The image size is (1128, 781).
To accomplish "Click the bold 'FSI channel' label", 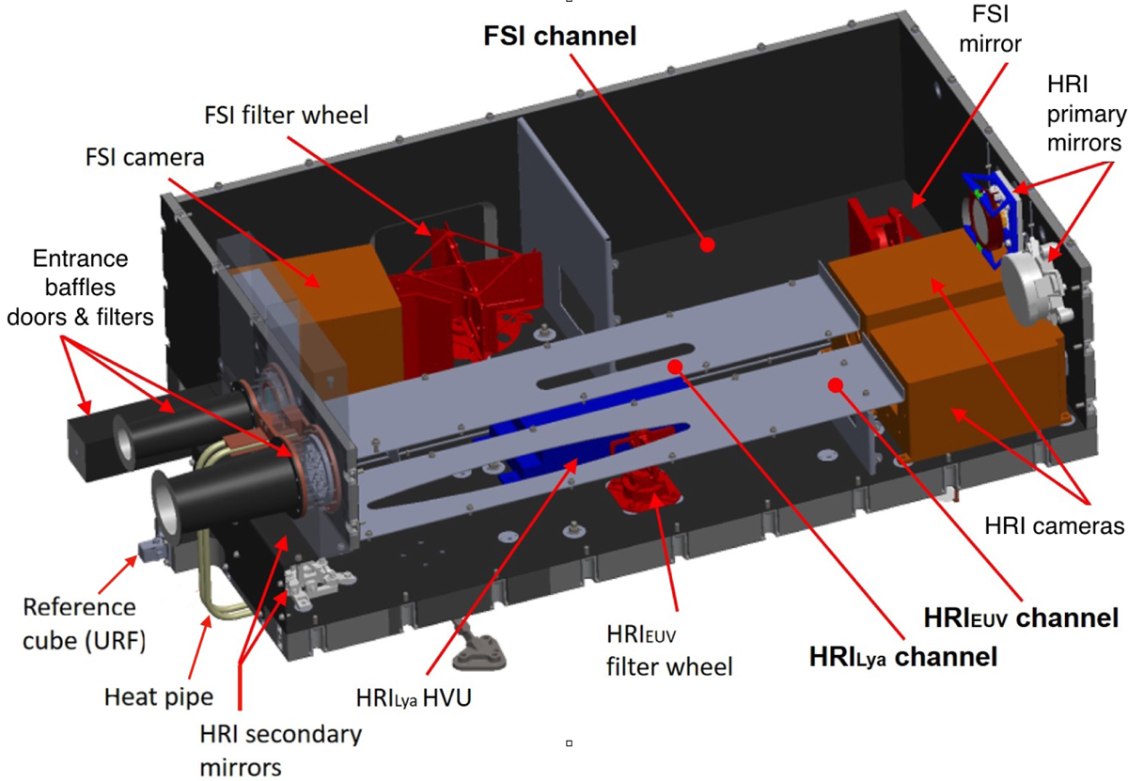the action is (x=560, y=37).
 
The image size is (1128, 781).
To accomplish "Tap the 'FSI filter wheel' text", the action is (x=286, y=116).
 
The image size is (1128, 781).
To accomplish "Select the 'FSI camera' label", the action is (x=145, y=158).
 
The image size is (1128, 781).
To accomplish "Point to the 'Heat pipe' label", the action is (x=159, y=697).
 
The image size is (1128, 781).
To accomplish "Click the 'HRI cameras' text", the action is (x=1055, y=526).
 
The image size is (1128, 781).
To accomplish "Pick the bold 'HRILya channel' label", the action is (x=903, y=657).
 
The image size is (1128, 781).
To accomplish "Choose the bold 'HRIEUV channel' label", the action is (x=1021, y=617).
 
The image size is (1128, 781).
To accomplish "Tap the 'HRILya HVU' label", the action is (x=414, y=698).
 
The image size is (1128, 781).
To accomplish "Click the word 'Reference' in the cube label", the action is (x=80, y=607).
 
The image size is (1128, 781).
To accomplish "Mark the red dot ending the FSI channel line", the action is (x=708, y=245).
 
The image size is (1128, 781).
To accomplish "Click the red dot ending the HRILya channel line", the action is (x=675, y=367).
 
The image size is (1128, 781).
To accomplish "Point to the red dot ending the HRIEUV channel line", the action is (x=836, y=385).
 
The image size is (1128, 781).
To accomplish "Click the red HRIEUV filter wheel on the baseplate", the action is (x=644, y=489).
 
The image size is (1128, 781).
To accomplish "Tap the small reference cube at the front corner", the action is (x=151, y=550).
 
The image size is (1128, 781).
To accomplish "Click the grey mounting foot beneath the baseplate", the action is (x=478, y=648).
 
